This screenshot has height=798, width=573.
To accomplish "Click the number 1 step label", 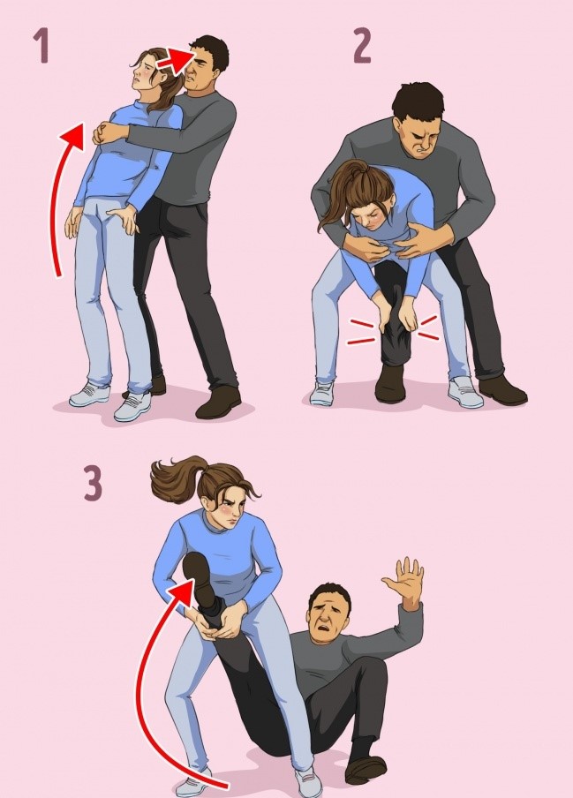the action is pyautogui.click(x=42, y=46).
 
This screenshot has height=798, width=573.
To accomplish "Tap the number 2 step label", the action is pyautogui.click(x=362, y=46).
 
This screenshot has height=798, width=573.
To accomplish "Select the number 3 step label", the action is pyautogui.click(x=93, y=483).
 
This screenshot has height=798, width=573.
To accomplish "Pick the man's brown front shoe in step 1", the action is pyautogui.click(x=218, y=402).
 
